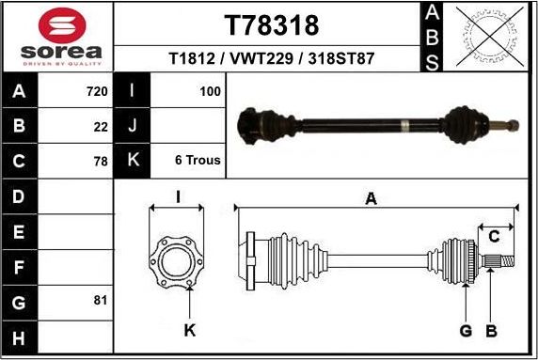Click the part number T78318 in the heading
[271, 25]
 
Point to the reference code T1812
[193, 58]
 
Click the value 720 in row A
[97, 92]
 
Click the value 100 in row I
[210, 92]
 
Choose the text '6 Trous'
[198, 161]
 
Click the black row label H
[20, 337]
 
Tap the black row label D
[20, 196]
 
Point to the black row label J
[133, 126]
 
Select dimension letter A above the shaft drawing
[372, 198]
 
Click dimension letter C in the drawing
[494, 236]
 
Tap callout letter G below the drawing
[466, 330]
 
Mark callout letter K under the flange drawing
[189, 330]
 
